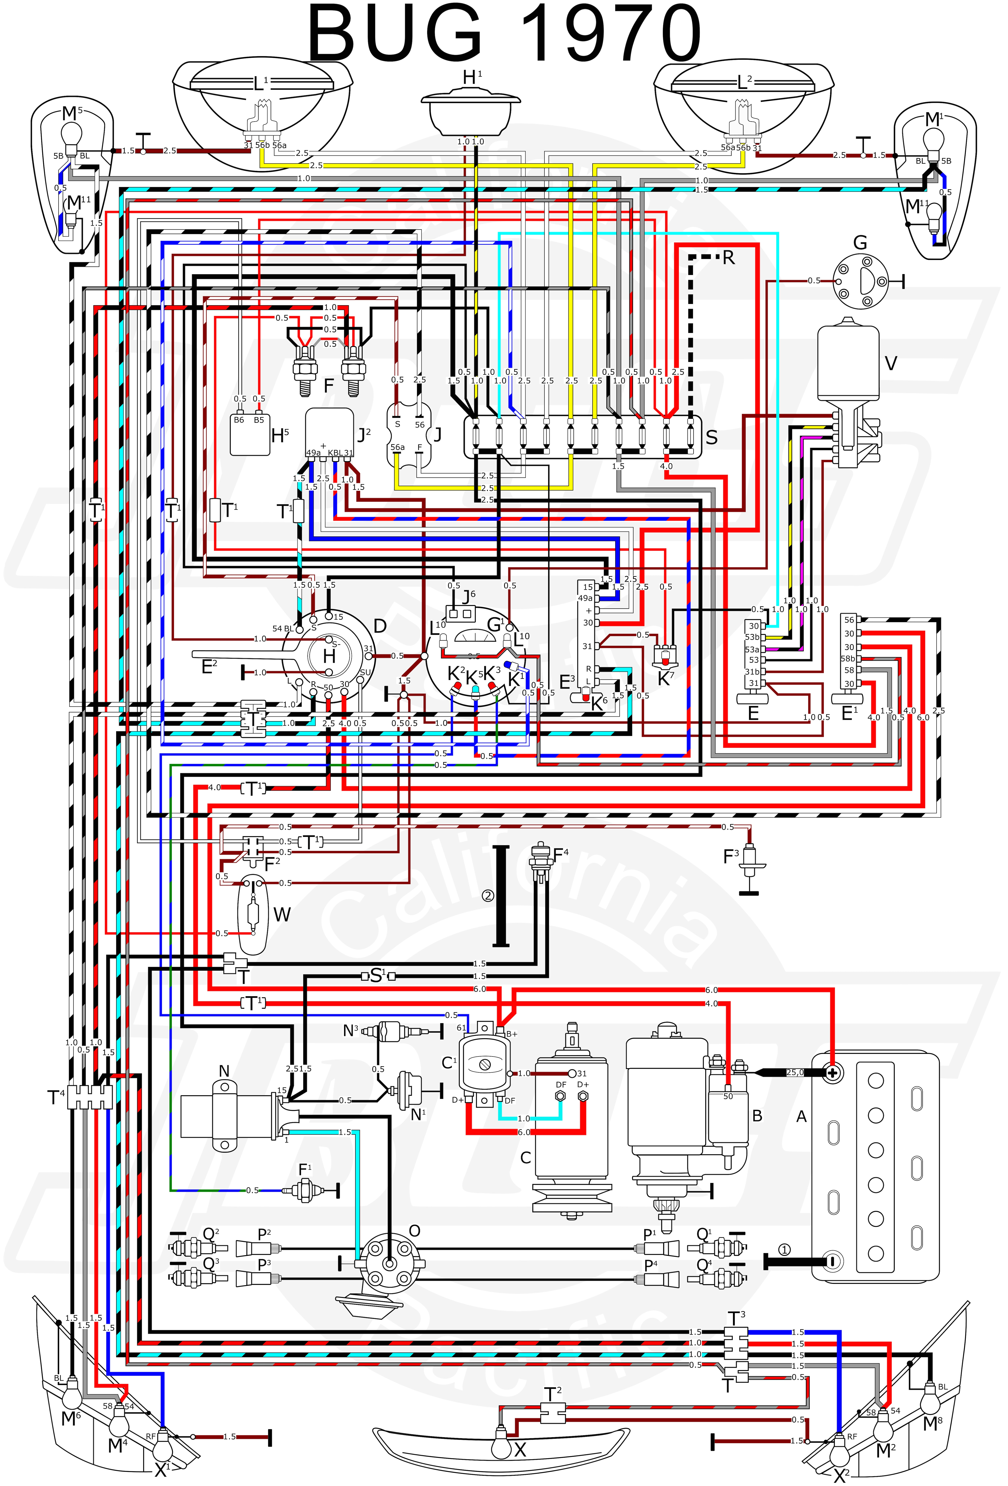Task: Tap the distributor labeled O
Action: click(x=390, y=1263)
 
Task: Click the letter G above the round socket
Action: click(x=860, y=243)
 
